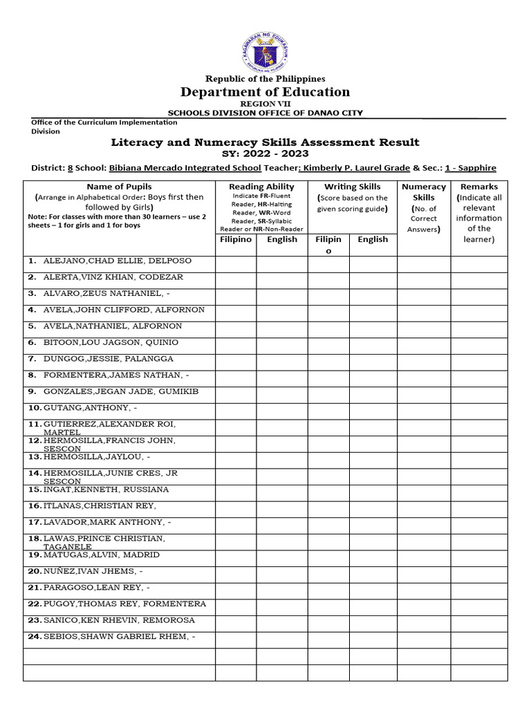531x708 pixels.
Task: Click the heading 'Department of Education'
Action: pos(265,92)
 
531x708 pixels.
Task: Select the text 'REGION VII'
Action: pos(265,104)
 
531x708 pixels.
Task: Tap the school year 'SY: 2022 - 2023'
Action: pos(265,153)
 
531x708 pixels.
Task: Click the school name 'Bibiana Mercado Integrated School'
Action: pos(185,168)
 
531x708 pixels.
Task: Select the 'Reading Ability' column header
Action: pos(261,187)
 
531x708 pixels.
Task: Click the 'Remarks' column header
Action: pos(478,187)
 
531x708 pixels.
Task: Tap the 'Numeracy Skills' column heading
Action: pos(423,192)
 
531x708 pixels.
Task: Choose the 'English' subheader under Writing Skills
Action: pos(373,239)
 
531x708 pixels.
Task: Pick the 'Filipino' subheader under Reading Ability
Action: pos(236,239)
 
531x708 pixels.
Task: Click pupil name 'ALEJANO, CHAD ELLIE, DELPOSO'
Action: pos(117,261)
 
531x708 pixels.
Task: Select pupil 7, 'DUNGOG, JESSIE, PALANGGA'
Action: pos(108,359)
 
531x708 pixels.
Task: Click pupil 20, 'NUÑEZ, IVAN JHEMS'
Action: pos(93,571)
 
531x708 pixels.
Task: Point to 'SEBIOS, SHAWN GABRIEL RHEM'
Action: pos(119,637)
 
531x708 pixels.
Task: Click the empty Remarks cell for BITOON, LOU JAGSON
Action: pos(478,343)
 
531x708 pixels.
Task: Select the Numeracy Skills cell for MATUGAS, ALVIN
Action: pos(423,555)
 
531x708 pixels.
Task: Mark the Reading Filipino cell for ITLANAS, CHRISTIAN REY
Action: pos(236,506)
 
